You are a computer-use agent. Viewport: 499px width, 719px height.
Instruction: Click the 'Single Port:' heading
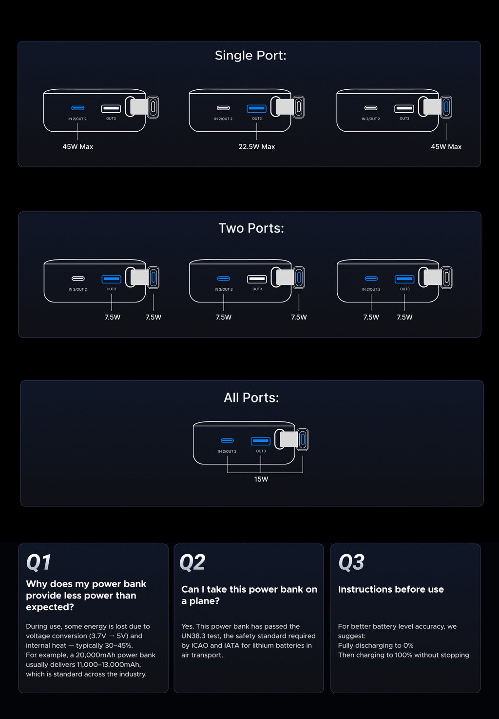250,56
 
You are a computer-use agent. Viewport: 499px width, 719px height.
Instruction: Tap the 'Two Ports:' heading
251,228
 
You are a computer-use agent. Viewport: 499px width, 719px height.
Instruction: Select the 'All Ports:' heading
251,398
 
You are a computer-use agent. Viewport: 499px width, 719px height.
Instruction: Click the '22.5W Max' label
256,147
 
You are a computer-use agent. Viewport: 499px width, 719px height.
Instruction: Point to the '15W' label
261,479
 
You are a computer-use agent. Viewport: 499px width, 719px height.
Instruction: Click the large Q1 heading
38,562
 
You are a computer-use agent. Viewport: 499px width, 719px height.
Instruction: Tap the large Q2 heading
192,562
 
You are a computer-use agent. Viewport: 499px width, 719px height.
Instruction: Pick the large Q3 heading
351,562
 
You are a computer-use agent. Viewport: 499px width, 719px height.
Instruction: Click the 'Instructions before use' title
391,589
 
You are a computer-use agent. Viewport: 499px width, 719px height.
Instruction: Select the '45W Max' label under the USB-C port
77,147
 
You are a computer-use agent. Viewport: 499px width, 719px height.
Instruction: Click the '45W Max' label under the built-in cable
446,147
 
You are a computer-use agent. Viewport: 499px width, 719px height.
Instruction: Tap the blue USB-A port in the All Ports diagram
261,441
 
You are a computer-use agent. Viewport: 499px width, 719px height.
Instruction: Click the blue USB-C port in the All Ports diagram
228,440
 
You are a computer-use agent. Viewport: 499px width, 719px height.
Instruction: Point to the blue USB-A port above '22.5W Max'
256,108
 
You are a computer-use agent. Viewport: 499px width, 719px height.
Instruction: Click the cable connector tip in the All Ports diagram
303,439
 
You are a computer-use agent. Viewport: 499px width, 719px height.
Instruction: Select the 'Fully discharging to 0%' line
376,645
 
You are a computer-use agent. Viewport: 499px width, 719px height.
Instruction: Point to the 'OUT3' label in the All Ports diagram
261,451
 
